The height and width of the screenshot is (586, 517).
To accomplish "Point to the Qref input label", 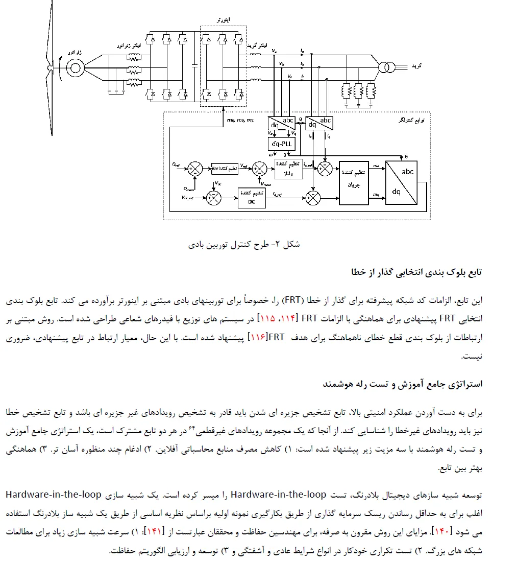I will point(176,165).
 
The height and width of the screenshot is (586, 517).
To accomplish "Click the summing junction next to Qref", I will point(194,169).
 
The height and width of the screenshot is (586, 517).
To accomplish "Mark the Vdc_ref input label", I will point(188,197).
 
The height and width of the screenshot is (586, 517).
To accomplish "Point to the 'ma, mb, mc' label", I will point(239,121).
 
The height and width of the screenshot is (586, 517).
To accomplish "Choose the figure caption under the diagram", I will point(244,244).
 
